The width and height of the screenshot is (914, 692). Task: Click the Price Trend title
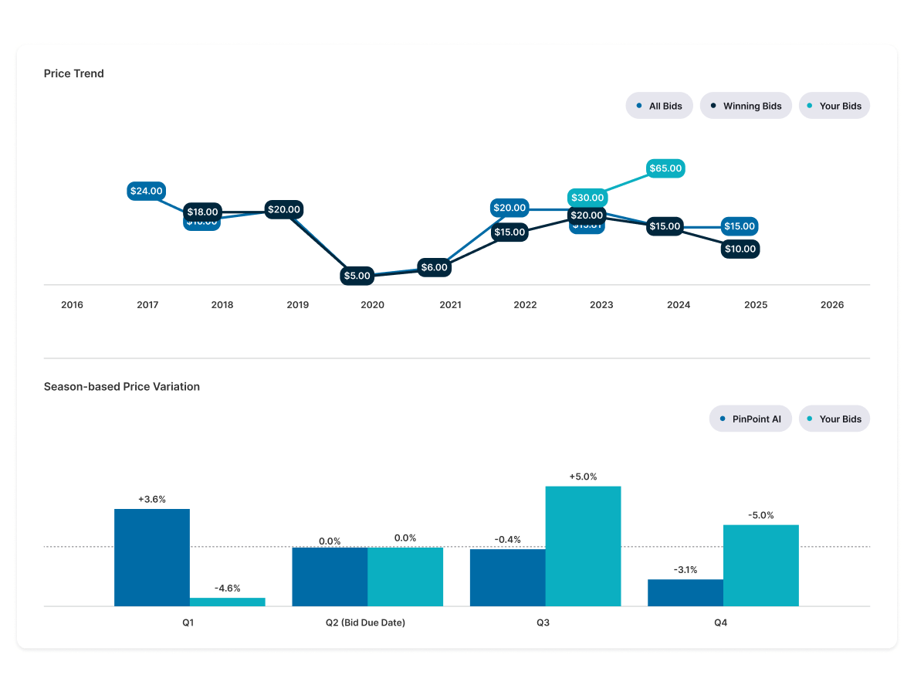73,73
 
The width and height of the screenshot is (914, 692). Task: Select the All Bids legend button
659,106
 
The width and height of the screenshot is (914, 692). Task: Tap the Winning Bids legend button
746,106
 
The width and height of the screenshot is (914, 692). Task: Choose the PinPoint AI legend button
750,419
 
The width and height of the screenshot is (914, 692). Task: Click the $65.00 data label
665,168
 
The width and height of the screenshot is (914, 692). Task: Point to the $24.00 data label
146,191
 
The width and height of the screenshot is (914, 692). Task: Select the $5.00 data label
357,275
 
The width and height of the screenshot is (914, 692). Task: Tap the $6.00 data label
433,267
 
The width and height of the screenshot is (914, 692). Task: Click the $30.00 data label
587,198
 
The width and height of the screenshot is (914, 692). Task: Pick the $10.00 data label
740,249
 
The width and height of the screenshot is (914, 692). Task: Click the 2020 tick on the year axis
372,305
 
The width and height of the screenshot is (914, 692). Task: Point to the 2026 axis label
832,305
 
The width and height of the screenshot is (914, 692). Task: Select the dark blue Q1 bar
152,557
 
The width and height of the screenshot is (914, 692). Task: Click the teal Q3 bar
583,545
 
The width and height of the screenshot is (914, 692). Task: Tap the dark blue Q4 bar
685,592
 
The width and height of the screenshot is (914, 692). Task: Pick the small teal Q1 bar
227,602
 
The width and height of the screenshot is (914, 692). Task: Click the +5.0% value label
583,477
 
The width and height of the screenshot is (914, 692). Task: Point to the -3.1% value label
685,570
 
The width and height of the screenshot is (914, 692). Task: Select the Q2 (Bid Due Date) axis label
367,622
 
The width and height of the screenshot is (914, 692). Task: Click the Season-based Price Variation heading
122,386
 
